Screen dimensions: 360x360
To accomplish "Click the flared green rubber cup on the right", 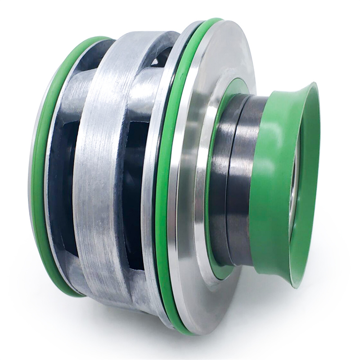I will pos(279,180).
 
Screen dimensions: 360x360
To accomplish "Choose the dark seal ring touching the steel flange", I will pos(220,180).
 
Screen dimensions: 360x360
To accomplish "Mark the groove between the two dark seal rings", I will pos(230,180).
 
